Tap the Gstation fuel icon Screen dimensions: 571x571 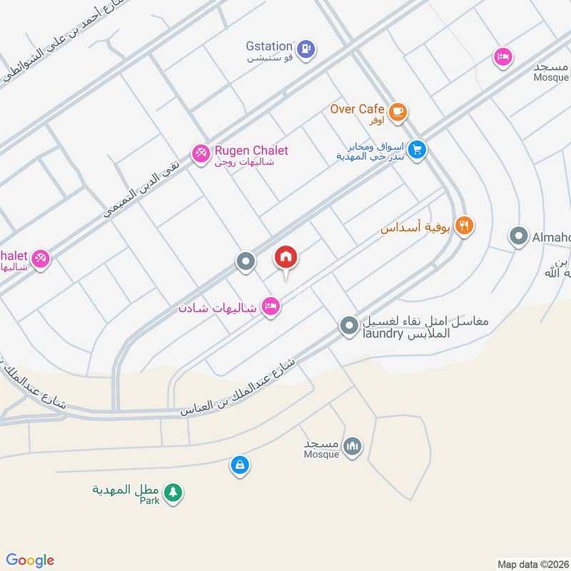coord(306,49)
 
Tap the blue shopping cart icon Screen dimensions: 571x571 coord(418,150)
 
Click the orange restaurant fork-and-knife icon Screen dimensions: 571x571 coord(464,226)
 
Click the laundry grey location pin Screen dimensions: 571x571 coord(348,326)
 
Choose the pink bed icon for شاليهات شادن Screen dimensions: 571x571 coord(271,307)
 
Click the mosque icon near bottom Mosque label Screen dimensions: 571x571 coord(351,448)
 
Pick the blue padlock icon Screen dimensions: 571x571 coord(240,465)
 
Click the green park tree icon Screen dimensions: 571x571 coord(172,492)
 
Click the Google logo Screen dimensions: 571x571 coord(30,560)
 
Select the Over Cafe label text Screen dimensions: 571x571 coord(358,109)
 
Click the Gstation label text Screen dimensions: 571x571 coord(268,45)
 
